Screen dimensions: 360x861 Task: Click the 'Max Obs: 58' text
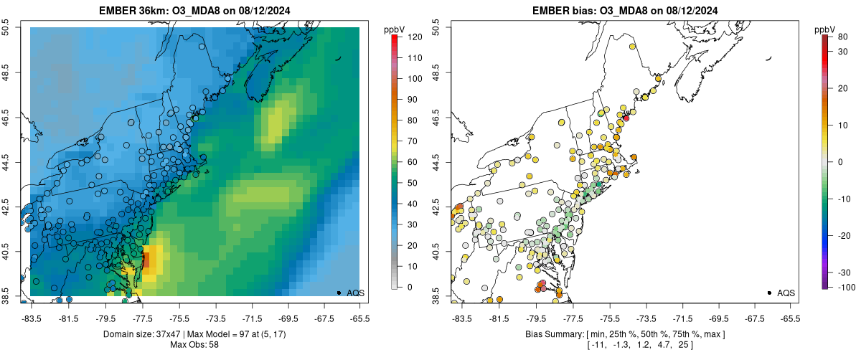click(194, 345)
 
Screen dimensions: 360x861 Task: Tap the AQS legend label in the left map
click(355, 293)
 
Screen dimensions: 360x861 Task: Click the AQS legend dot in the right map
click(768, 293)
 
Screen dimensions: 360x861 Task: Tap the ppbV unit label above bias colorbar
click(825, 29)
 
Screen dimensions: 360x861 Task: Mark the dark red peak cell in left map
click(146, 260)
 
